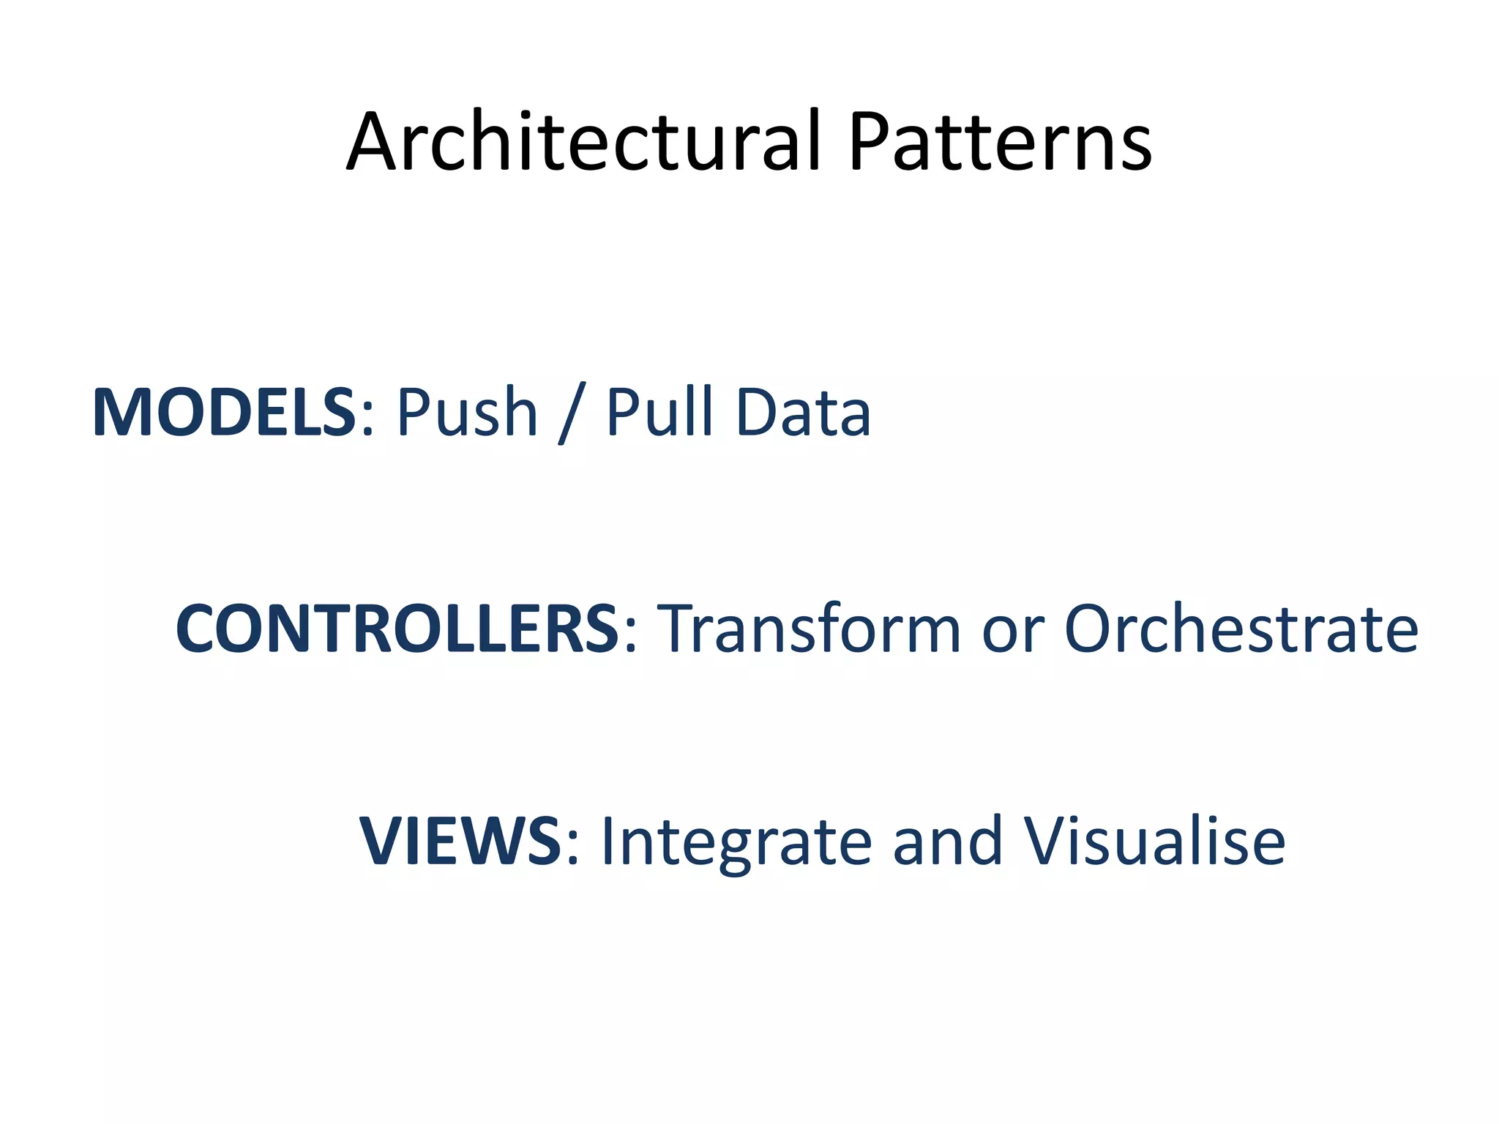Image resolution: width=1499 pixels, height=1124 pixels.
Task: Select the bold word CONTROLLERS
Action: pos(397,629)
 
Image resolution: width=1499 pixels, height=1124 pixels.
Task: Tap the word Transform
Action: pos(810,629)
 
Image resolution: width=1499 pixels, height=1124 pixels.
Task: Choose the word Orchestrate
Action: pos(1241,629)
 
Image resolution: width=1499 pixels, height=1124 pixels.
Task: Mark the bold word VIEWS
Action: pos(460,842)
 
